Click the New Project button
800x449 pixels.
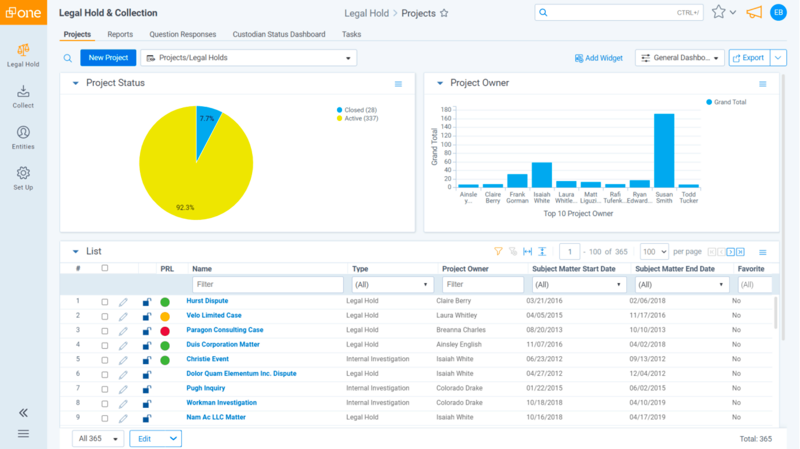pos(108,58)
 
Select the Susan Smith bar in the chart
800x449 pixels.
pos(664,150)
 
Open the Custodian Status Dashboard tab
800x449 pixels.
pos(278,34)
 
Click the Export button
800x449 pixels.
pos(749,58)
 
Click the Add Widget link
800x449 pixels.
pos(599,58)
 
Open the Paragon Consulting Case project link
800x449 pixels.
pos(224,330)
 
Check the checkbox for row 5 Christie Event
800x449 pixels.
pos(105,360)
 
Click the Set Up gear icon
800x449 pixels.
pos(23,173)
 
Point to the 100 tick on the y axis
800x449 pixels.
pos(446,145)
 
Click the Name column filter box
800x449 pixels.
pos(268,284)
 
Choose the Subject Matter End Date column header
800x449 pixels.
pos(674,269)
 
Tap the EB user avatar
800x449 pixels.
pos(778,13)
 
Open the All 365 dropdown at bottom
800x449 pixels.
pos(98,439)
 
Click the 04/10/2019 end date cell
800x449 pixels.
pos(647,403)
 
